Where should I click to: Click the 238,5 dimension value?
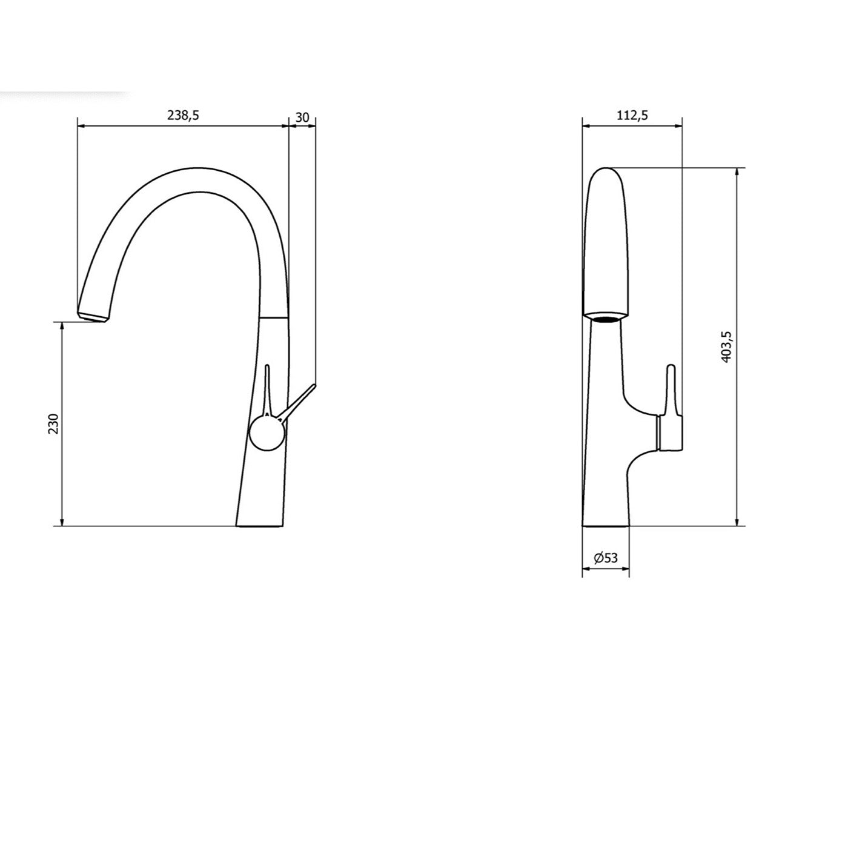183,116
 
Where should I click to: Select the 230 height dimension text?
54,424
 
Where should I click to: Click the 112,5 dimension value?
632,115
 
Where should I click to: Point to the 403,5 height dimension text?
727,347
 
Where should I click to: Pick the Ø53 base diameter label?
606,558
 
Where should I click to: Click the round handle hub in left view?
267,434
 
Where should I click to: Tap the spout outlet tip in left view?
92,317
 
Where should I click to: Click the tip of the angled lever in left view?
314,385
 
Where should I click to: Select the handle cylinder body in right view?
670,434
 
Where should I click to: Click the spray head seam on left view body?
274,317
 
